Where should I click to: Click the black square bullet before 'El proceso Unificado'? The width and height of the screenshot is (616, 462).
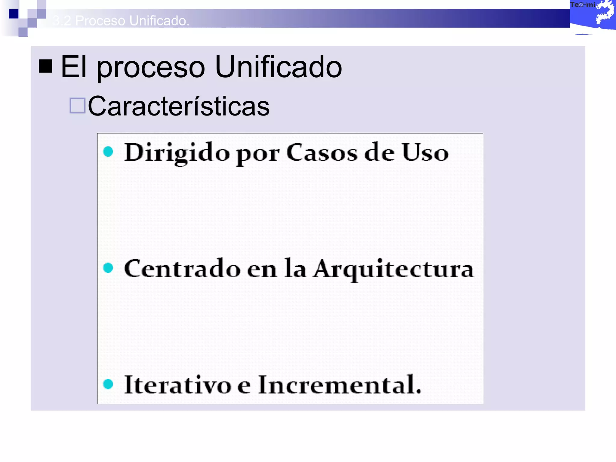point(46,66)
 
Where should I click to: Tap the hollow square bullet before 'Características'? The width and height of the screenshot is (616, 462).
point(77,106)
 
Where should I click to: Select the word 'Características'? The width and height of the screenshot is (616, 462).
point(179,106)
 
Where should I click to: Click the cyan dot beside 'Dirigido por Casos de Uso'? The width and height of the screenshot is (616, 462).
point(108,152)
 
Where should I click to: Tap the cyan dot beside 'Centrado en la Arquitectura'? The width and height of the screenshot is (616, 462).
point(108,268)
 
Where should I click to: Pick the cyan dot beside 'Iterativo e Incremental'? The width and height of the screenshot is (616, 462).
point(108,384)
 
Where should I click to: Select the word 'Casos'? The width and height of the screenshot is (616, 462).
point(322,152)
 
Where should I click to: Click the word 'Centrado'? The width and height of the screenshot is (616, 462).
point(182,269)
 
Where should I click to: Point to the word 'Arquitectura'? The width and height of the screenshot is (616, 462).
point(394,269)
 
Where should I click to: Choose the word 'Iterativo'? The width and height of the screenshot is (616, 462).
point(178,385)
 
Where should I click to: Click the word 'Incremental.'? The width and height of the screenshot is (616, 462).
point(340,385)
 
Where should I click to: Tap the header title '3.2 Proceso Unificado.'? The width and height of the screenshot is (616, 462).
point(121,20)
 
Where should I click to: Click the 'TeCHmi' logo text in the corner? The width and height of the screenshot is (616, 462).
point(582,5)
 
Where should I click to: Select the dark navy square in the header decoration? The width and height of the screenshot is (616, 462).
point(14,14)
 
